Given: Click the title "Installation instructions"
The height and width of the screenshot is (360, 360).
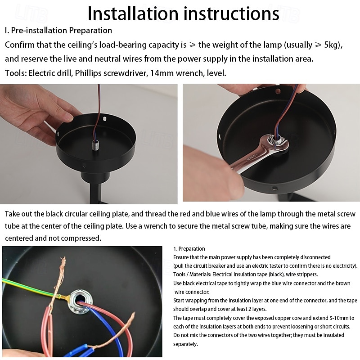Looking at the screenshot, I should point(183,13).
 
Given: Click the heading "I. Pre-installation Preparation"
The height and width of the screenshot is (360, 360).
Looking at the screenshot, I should point(58,31).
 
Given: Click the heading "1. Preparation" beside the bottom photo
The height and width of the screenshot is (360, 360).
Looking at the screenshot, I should point(189,249).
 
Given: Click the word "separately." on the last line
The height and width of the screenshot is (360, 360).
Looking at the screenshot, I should point(186,344).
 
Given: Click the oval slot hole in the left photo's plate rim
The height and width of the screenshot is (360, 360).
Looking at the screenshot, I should point(104,119).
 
